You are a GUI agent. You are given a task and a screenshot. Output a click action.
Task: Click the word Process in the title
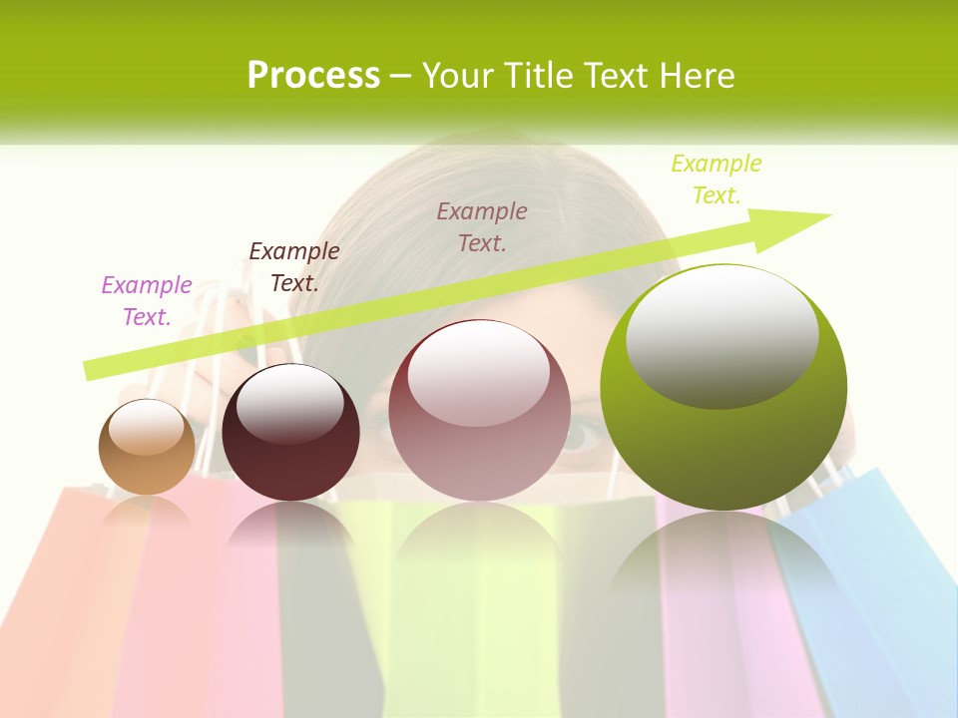click(x=313, y=75)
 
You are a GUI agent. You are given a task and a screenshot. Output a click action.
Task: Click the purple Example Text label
click(x=146, y=301)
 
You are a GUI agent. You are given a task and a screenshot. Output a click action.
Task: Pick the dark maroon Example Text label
click(x=293, y=267)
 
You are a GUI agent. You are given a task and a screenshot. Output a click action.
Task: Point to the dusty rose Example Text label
click(x=482, y=226)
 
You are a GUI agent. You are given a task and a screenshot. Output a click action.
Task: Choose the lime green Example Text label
click(x=716, y=179)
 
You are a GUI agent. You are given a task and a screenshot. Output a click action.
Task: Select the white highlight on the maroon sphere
click(x=289, y=403)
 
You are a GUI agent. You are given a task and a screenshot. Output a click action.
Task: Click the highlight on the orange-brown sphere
click(x=146, y=426)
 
